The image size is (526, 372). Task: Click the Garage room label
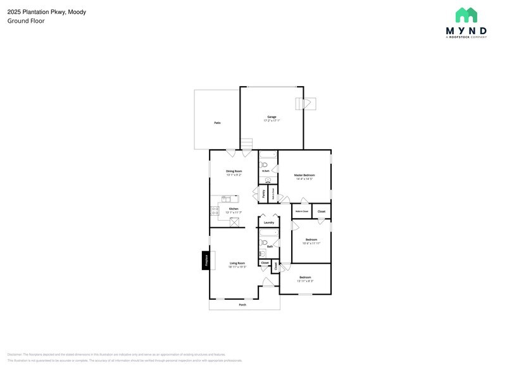[272, 117]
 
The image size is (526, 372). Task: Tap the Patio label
[216, 123]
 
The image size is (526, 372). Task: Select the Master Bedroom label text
[304, 175]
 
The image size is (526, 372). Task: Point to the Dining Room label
[234, 171]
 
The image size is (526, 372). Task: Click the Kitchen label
[234, 209]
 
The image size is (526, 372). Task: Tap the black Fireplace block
[205, 260]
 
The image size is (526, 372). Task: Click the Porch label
[242, 305]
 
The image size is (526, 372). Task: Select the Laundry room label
[269, 223]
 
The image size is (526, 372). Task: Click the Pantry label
[263, 194]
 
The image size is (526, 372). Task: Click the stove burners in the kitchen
[215, 211]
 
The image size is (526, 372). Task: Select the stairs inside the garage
[246, 144]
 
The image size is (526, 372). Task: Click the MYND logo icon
[466, 15]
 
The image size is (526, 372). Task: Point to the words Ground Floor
[26, 21]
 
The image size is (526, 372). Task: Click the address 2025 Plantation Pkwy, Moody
[47, 11]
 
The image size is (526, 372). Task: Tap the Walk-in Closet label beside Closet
[302, 211]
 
